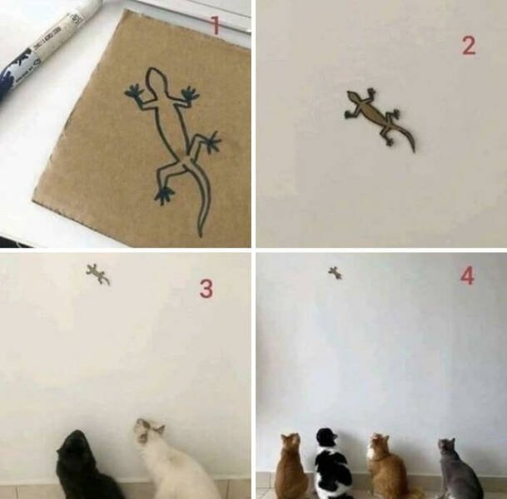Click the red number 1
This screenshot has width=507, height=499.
tap(215, 26)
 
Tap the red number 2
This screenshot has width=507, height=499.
tap(469, 46)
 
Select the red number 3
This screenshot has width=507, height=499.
tap(206, 289)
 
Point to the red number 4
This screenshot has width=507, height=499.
tap(467, 275)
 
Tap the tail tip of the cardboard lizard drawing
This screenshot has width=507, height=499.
tap(200, 235)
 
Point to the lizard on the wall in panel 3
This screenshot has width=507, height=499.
tap(97, 274)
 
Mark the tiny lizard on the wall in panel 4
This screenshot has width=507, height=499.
tap(335, 272)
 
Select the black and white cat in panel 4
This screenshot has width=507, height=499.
tap(332, 466)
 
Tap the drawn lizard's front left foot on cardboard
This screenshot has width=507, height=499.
tap(133, 91)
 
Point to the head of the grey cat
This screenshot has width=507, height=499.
tap(448, 447)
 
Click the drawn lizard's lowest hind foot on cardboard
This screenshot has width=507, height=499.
tap(164, 195)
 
